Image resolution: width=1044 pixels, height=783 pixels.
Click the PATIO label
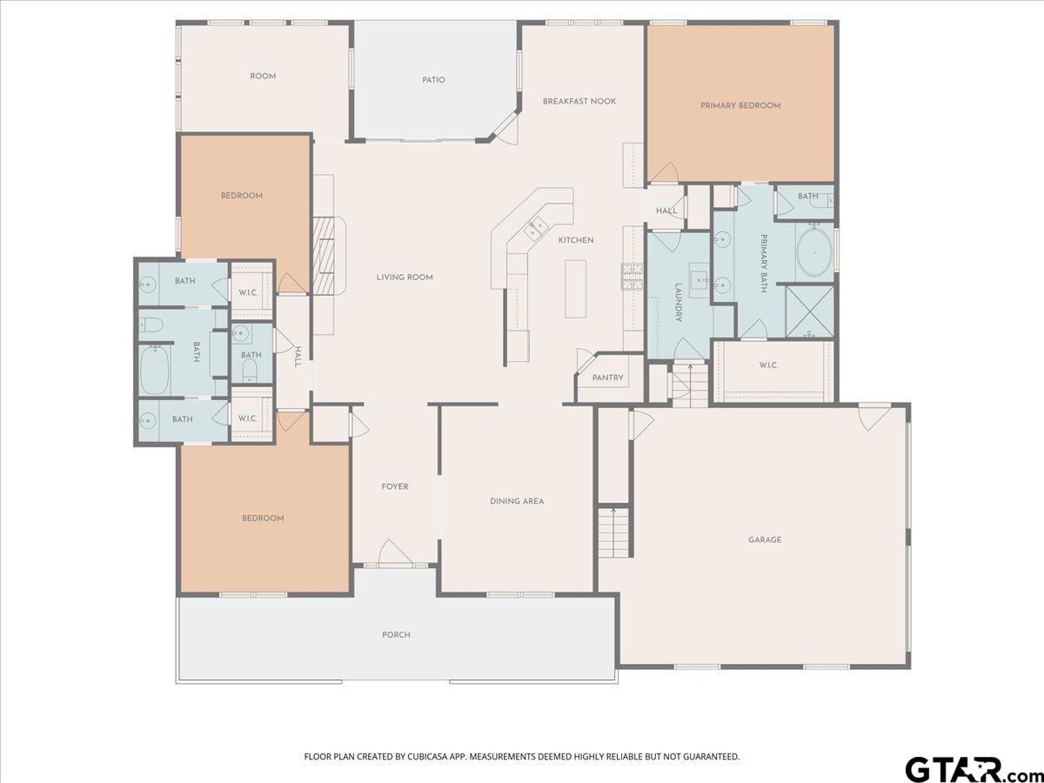[433, 80]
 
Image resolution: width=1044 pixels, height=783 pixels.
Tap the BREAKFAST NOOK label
[579, 101]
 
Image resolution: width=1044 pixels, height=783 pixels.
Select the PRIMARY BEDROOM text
[740, 105]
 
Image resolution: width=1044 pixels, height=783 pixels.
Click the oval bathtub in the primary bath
[814, 252]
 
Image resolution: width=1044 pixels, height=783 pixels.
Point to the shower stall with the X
[809, 311]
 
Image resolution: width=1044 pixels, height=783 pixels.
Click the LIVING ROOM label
[405, 278]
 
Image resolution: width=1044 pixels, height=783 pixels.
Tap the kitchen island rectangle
[575, 289]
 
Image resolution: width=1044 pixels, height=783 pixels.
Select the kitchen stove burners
[632, 277]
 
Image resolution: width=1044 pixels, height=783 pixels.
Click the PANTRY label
[607, 378]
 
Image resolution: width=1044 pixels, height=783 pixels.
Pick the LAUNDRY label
[679, 303]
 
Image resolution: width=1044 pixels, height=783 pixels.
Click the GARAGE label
[765, 539]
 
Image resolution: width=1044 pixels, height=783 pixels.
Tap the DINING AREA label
[517, 501]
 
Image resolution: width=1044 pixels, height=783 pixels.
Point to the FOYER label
[395, 487]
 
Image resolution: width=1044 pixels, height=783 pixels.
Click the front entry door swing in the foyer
[395, 552]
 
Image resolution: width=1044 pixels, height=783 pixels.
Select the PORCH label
[396, 635]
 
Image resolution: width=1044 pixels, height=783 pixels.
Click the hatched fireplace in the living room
[325, 257]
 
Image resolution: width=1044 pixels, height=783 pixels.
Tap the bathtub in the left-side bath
[155, 370]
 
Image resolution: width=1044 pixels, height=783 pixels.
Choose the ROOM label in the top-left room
[263, 76]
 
